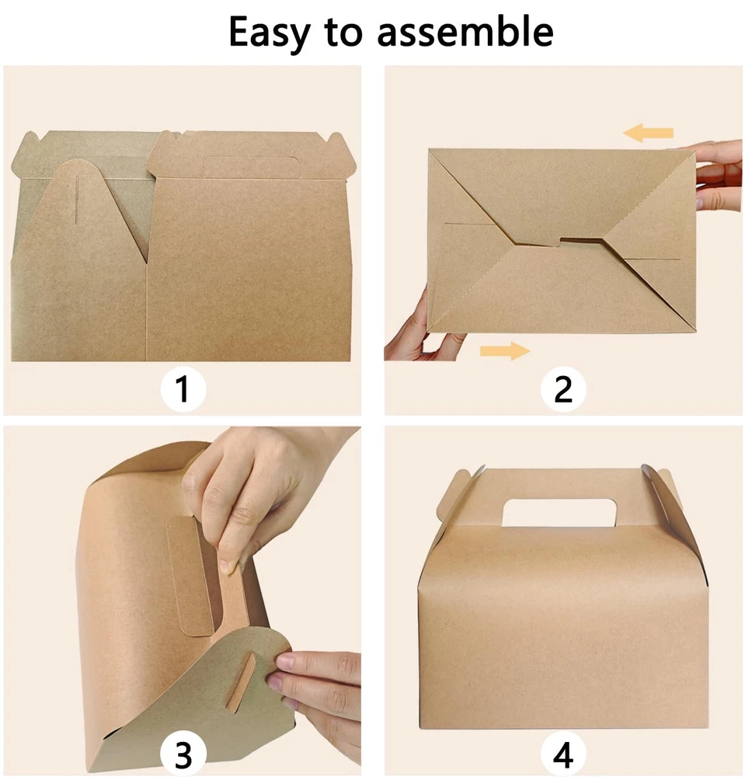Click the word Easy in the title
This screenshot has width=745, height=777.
(x=269, y=33)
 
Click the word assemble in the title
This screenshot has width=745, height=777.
(x=465, y=32)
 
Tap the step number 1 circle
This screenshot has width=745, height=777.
(x=183, y=389)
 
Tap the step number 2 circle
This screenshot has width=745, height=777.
(x=563, y=389)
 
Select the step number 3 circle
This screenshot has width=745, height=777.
(x=183, y=755)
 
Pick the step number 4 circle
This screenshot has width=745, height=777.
(x=563, y=755)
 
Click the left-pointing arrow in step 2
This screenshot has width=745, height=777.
(x=648, y=133)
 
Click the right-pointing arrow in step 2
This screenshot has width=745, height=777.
(x=505, y=351)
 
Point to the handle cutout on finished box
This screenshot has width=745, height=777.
(x=559, y=512)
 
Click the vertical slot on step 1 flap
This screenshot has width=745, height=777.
(x=77, y=199)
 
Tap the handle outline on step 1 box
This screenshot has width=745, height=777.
(x=252, y=166)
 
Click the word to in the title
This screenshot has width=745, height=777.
(x=343, y=33)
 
